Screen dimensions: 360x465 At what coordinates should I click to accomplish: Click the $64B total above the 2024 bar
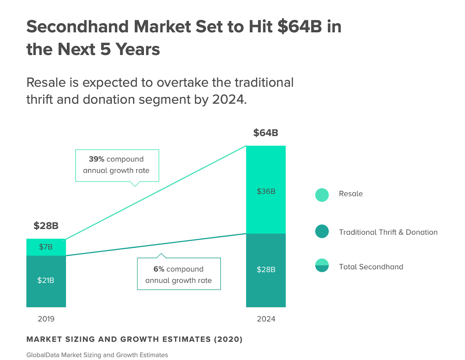pyautogui.click(x=266, y=133)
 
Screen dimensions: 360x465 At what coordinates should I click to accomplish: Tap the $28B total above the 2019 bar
pyautogui.click(x=46, y=226)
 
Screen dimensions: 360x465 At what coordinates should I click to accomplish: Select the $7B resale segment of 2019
pyautogui.click(x=46, y=247)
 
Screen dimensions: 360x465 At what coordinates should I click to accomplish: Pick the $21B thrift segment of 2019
pyautogui.click(x=46, y=280)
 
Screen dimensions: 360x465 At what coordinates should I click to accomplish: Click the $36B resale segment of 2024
pyautogui.click(x=266, y=191)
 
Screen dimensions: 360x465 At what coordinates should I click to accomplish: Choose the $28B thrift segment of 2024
pyautogui.click(x=266, y=270)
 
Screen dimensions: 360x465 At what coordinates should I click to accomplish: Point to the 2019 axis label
pyautogui.click(x=46, y=319)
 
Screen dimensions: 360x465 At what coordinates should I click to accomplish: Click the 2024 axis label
pyautogui.click(x=266, y=319)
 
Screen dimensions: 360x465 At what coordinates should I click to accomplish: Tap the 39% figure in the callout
pyautogui.click(x=96, y=159)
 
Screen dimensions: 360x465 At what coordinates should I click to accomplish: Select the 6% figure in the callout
pyautogui.click(x=159, y=269)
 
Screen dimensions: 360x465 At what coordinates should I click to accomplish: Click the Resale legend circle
pyautogui.click(x=322, y=195)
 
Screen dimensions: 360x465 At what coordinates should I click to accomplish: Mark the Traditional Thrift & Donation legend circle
pyautogui.click(x=322, y=231)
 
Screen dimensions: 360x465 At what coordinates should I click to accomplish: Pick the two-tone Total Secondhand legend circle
pyautogui.click(x=322, y=265)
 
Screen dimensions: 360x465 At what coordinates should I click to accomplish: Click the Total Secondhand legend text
pyautogui.click(x=371, y=267)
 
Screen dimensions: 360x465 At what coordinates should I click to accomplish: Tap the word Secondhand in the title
pyautogui.click(x=77, y=27)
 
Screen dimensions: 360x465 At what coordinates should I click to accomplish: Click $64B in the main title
pyautogui.click(x=300, y=27)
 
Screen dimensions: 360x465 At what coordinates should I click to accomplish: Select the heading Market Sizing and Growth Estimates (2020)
pyautogui.click(x=134, y=339)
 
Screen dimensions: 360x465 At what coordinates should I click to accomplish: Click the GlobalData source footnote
pyautogui.click(x=97, y=355)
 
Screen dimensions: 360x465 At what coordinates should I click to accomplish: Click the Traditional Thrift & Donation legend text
pyautogui.click(x=388, y=232)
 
